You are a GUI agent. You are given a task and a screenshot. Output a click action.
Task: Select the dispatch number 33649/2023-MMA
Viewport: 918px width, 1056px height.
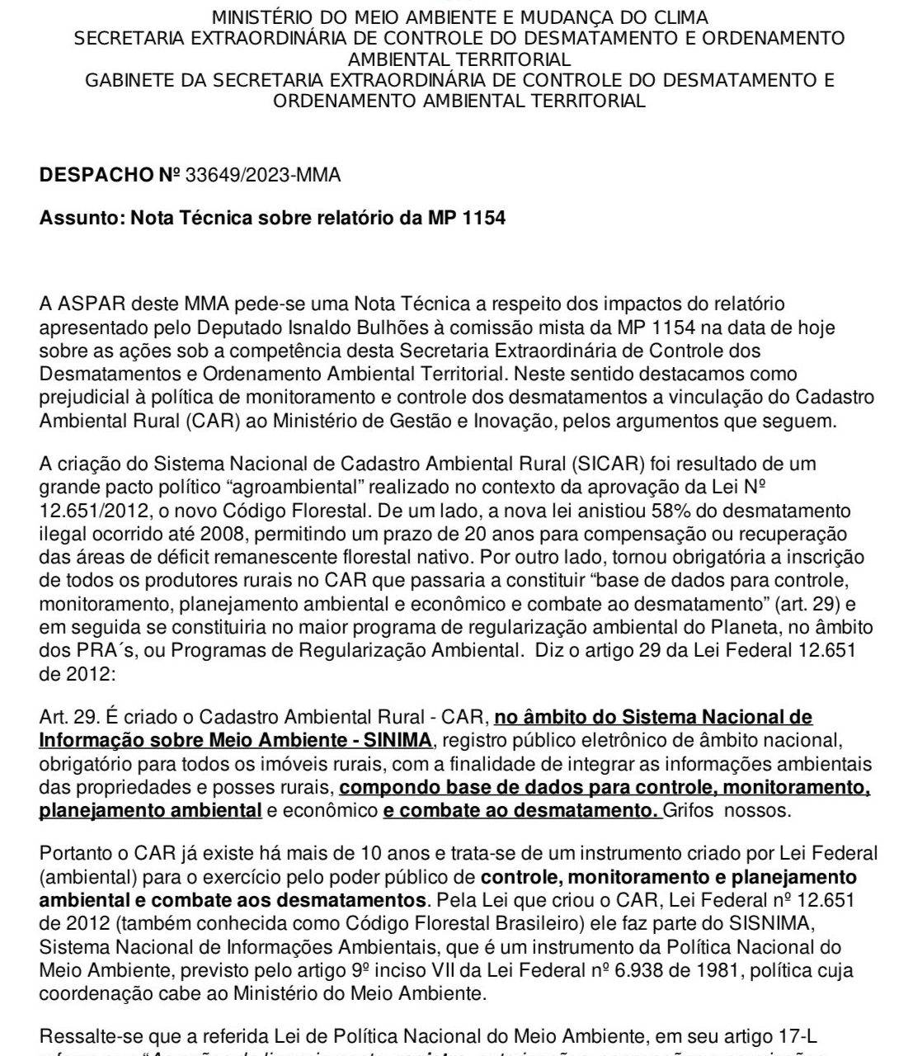pos(263,176)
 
